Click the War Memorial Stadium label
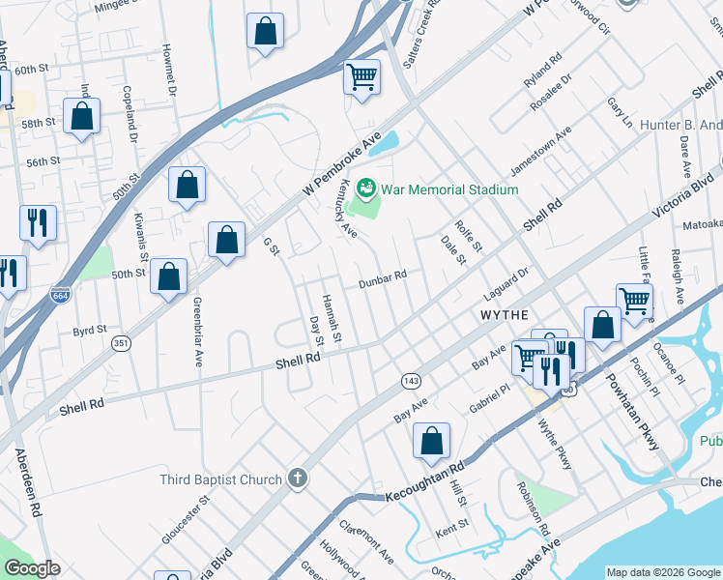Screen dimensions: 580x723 449,189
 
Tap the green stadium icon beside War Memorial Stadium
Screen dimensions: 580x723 366,188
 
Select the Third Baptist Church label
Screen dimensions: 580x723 221,478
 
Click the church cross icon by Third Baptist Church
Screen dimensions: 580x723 298,478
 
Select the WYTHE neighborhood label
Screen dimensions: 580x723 504,316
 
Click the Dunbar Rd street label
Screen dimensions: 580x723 382,279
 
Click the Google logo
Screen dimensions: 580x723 32,568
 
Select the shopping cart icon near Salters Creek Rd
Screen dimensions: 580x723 361,77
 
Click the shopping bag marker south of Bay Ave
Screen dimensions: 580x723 431,441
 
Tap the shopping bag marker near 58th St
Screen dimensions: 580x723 82,117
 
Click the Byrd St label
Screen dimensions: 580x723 90,331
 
